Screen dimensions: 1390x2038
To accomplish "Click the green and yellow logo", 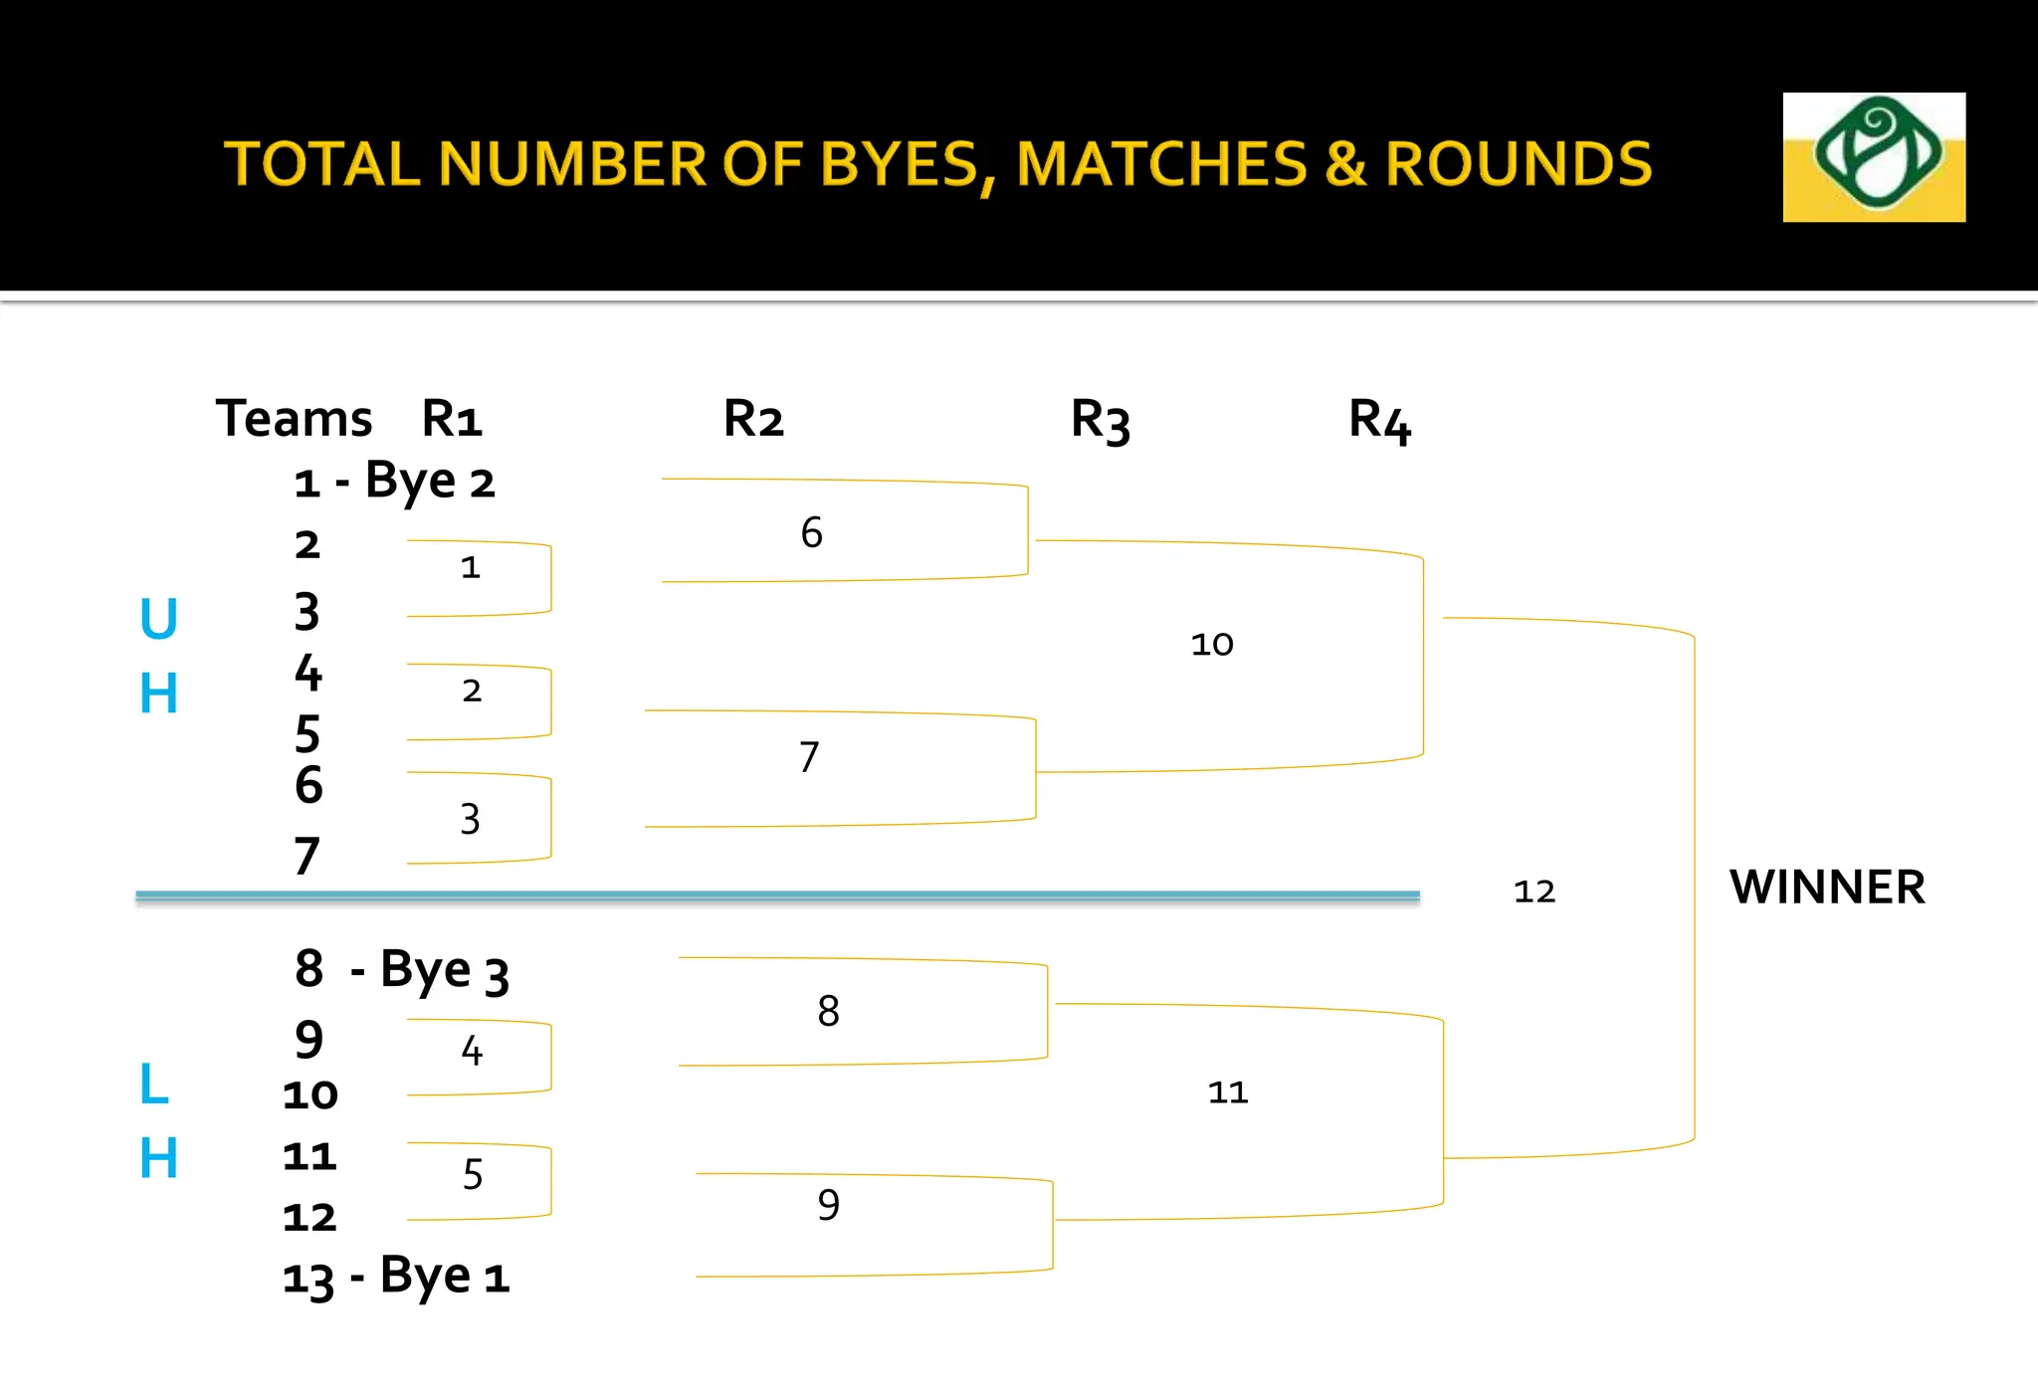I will click(1873, 156).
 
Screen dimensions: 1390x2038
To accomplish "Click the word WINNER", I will click(1827, 888).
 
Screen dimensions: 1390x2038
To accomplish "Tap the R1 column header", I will click(452, 418).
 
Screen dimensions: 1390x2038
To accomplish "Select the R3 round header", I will click(1100, 420).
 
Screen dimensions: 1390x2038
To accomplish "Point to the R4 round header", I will click(1379, 420).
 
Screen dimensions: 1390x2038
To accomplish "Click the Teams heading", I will click(294, 418).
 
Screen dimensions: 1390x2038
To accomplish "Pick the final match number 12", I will click(1533, 892).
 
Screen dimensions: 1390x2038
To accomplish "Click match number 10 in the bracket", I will click(1211, 644).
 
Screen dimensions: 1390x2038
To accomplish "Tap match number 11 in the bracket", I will click(1227, 1092).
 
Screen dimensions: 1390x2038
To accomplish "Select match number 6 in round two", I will click(811, 532).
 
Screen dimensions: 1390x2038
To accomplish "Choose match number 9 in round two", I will click(828, 1205).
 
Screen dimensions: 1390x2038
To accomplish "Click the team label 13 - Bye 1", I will click(396, 1277).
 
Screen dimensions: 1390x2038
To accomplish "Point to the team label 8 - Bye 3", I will click(402, 970).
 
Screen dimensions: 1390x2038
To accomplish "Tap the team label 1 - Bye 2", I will click(394, 483).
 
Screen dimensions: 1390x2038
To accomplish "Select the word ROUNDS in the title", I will click(1519, 164).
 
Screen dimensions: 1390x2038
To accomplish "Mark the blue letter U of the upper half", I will click(158, 619).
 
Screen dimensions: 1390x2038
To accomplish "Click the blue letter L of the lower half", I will click(154, 1084).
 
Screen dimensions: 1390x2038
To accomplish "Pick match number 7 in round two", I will click(809, 757).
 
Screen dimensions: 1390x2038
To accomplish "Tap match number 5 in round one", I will click(473, 1175).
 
